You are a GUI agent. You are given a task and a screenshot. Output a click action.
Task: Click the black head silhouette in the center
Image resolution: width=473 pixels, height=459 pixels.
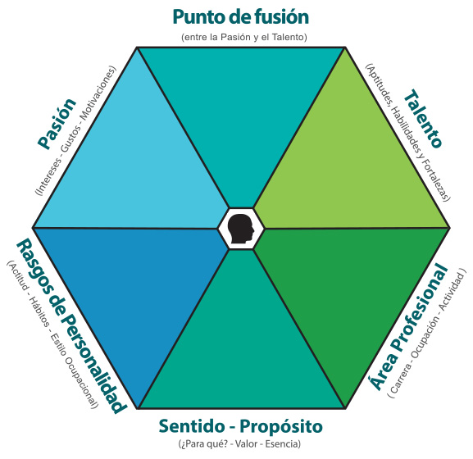point(241,229)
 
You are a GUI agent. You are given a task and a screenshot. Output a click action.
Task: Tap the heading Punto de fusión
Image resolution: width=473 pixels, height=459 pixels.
point(241,17)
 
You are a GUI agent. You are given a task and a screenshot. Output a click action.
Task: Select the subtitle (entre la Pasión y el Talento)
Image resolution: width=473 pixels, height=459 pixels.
point(244,37)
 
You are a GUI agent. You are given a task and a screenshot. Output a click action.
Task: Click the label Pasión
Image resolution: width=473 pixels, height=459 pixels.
point(57,124)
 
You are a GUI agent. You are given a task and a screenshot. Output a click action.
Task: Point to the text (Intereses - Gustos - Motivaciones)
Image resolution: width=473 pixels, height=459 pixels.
point(75,130)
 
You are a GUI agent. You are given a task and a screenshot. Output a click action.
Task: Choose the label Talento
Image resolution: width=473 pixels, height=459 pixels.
point(423,119)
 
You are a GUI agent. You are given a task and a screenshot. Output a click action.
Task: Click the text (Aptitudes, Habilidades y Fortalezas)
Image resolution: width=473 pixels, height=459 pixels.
point(408,132)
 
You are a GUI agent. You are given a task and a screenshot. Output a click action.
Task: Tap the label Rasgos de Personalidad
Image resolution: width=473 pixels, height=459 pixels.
point(71,326)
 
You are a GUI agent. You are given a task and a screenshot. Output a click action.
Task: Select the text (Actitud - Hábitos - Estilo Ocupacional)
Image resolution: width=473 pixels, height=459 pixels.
point(52,334)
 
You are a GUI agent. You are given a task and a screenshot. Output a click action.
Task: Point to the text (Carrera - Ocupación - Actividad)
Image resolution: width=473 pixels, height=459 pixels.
point(426,333)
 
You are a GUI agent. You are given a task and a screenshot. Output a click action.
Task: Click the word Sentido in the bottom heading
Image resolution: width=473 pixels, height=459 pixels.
point(192,426)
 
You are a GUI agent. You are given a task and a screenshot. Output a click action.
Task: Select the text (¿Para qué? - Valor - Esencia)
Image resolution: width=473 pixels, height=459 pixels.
point(239,444)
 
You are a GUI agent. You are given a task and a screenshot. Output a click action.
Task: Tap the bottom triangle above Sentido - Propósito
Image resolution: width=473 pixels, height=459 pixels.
point(241,352)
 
